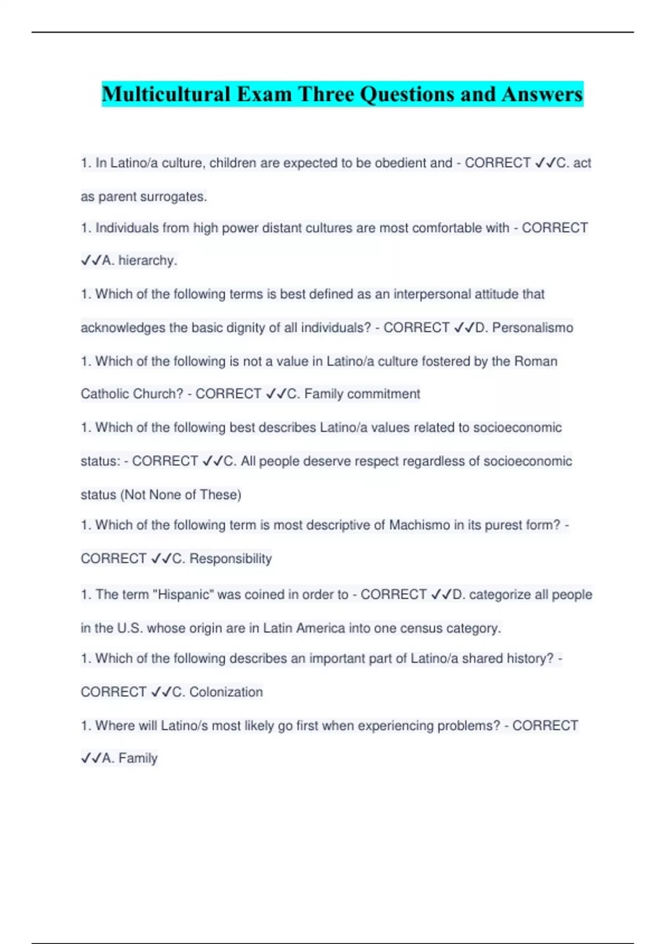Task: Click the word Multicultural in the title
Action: pos(166,94)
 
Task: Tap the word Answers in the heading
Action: pos(542,94)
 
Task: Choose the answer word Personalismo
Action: pos(532,328)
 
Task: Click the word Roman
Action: pos(536,361)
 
